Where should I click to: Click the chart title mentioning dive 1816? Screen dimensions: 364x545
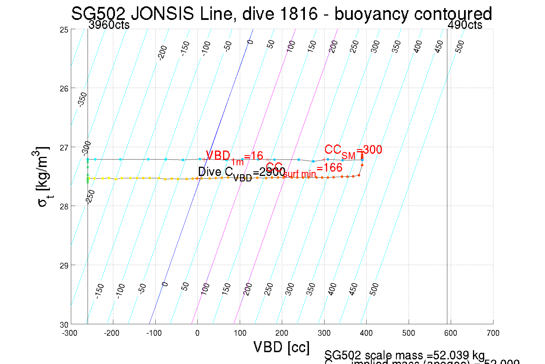click(281, 14)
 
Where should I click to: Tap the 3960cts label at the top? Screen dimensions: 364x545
click(109, 25)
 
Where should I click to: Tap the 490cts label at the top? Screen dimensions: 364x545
click(465, 25)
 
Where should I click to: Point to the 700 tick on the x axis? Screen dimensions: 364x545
click(493, 333)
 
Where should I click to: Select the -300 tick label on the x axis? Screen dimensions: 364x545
click(69, 333)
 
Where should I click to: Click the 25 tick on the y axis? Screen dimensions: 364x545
click(64, 30)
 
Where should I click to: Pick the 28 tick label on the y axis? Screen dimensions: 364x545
click(64, 207)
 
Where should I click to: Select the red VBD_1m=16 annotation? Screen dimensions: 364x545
click(234, 157)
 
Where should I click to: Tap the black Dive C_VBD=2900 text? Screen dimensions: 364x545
click(241, 173)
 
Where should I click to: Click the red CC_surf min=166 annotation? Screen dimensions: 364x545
click(304, 169)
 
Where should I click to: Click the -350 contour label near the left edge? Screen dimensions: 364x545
click(83, 100)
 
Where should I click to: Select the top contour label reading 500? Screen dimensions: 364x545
click(460, 46)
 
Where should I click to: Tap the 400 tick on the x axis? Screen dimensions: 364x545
click(366, 333)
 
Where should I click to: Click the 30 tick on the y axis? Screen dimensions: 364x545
click(64, 325)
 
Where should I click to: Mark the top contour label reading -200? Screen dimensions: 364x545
click(163, 52)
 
